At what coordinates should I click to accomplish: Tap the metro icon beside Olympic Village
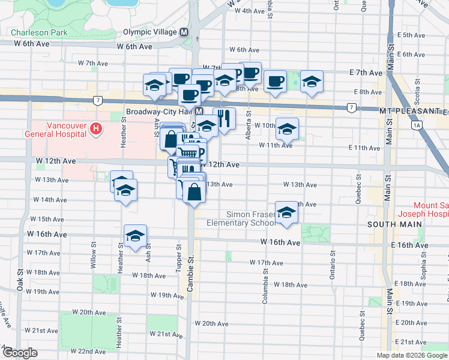click(184, 32)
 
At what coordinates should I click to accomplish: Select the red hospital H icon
click(94, 128)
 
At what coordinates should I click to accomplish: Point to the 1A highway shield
click(416, 126)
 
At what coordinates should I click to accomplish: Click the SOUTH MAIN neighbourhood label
click(395, 224)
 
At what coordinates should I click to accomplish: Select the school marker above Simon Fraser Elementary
click(287, 212)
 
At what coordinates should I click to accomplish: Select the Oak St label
click(19, 280)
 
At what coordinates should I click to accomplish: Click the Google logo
click(19, 353)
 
